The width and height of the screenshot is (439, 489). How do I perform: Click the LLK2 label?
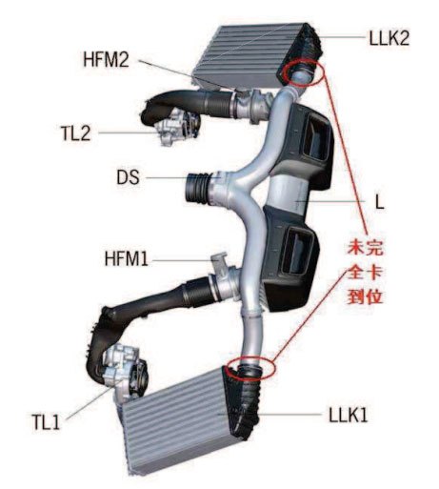[x=389, y=37]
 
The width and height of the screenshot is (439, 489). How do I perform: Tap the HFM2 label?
[x=106, y=59]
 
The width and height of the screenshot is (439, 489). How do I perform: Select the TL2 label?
[x=75, y=132]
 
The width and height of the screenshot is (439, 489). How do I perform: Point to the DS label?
[x=129, y=177]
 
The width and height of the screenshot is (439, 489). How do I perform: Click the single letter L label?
[x=380, y=201]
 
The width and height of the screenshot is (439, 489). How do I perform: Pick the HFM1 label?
[x=127, y=258]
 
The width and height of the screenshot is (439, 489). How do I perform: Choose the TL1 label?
[x=46, y=421]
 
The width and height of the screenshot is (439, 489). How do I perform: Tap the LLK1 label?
[x=349, y=415]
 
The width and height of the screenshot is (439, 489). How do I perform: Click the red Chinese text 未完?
[x=366, y=248]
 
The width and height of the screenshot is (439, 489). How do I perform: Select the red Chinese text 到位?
[x=366, y=296]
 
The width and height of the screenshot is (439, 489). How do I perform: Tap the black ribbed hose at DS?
[x=196, y=188]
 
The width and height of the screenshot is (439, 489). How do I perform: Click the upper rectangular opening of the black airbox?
[x=317, y=137]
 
